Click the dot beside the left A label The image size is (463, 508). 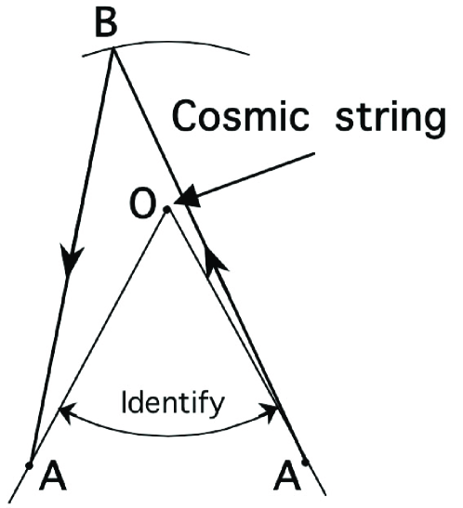click(31, 462)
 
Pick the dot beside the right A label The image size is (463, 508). click(304, 462)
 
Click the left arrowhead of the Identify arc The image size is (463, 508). click(64, 409)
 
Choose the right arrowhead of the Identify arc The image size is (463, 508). click(278, 409)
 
